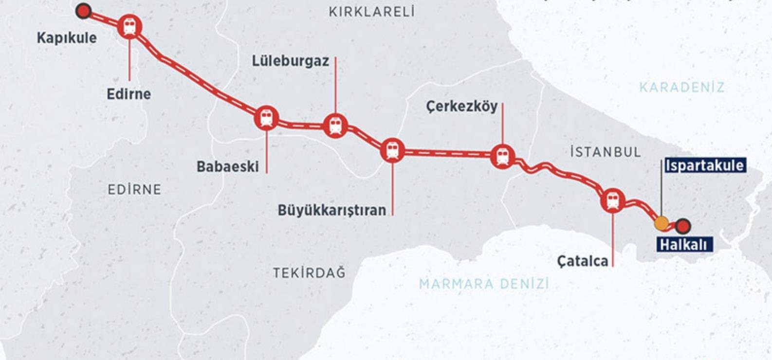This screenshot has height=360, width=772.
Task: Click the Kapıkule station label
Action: pos(67,38)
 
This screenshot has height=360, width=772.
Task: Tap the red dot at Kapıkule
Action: pos(84,11)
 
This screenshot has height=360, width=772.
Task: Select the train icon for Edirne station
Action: pos(130,26)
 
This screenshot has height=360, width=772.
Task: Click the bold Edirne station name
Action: pos(129,94)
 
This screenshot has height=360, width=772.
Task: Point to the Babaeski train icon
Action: pos(266,118)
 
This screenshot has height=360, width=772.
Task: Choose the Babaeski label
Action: pos(227,166)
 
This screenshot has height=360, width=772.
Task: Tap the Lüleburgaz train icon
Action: pos(335,126)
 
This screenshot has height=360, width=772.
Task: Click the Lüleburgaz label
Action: pos(290,61)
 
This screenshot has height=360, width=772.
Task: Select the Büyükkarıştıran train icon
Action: pos(392,151)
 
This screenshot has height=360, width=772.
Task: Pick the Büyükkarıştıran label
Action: pos(331,210)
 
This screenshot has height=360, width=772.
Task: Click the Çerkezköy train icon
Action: pos(502,156)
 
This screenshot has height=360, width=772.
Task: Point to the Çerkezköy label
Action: pos(461,106)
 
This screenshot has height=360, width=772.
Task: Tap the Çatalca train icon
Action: pos(613,200)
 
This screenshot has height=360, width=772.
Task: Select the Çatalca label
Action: pos(583,261)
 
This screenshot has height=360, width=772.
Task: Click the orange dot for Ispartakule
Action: pos(661,223)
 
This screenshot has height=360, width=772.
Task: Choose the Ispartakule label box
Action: pos(704,165)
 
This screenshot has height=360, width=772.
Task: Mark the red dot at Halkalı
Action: pos(683,226)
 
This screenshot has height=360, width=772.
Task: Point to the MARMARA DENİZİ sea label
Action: pos(484,283)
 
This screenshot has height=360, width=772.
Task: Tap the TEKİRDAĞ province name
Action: pos(309,272)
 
